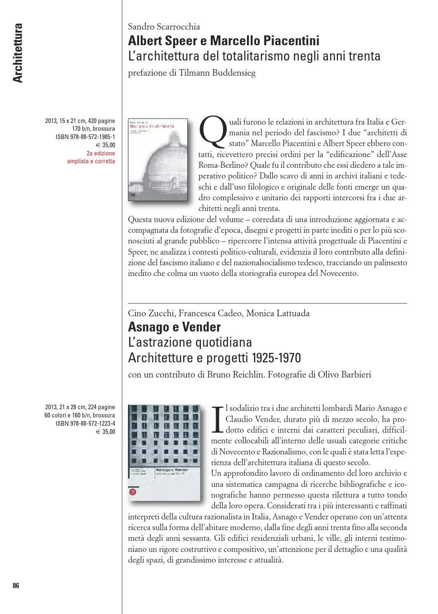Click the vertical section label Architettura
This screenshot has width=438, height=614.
[x=17, y=53]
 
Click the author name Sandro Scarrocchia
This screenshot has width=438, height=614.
[x=164, y=27]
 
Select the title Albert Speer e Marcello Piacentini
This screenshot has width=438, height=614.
[x=224, y=41]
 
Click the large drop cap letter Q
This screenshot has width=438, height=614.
[x=212, y=130]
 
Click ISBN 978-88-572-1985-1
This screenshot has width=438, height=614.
[x=85, y=137]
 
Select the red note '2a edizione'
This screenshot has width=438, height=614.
[x=101, y=153]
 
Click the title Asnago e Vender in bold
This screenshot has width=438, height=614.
[x=175, y=327]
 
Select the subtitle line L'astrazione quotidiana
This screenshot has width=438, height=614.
[x=190, y=342]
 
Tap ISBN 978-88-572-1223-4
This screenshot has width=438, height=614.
[x=85, y=424]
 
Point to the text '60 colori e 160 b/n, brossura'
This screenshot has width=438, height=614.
[x=80, y=415]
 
